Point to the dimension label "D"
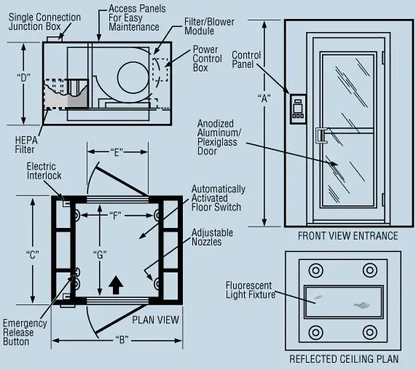pyautogui.click(x=25, y=76)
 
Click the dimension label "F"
pyautogui.click(x=117, y=215)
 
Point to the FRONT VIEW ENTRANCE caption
pyautogui.click(x=348, y=236)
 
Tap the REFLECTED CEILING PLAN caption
pyautogui.click(x=344, y=359)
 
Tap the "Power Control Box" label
pyautogui.click(x=211, y=59)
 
